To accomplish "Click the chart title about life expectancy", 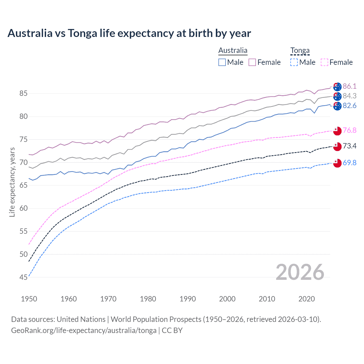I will [x=129, y=33].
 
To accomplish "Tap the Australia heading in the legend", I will [x=233, y=50].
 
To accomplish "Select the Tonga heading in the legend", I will [x=300, y=50].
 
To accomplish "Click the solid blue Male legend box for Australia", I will [x=222, y=62].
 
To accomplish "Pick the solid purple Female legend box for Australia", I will [x=252, y=62].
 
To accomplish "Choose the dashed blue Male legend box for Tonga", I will [x=294, y=62].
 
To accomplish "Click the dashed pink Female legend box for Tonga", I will [x=324, y=62].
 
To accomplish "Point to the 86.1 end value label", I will [x=349, y=86].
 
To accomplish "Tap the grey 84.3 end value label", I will [x=349, y=96].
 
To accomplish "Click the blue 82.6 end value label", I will [x=349, y=106].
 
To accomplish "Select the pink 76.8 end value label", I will [x=349, y=130].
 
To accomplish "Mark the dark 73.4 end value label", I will [x=349, y=146].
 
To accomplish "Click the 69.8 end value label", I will [x=349, y=163].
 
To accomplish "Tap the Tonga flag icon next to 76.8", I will [x=337, y=130].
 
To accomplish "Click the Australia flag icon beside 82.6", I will [x=337, y=106].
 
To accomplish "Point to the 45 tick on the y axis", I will [x=23, y=277].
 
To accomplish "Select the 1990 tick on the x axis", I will [x=188, y=299].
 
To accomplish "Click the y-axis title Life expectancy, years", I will [x=12, y=182].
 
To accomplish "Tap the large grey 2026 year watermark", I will [x=300, y=272].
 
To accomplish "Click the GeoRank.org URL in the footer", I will [x=84, y=330].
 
